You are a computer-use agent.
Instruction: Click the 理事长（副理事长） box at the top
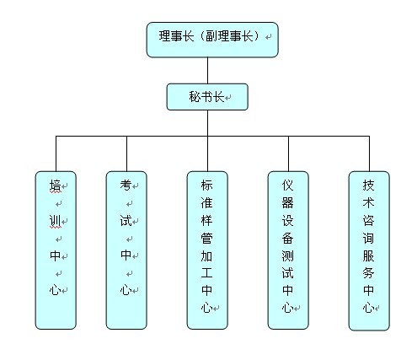pos(211,39)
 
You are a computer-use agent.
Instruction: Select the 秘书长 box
pos(207,97)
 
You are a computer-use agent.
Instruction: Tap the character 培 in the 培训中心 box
pos(55,185)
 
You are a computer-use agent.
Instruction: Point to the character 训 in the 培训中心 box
pos(55,221)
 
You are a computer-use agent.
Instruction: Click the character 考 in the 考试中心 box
pos(126,185)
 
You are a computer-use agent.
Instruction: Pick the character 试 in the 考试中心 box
pos(126,221)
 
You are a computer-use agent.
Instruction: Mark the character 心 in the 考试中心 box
pos(126,290)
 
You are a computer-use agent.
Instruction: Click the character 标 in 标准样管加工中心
pos(206,185)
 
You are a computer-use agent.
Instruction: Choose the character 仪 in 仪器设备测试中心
pos(287,185)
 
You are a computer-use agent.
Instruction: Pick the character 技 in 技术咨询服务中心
pos(368,185)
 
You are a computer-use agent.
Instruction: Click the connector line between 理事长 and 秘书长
pos(207,70)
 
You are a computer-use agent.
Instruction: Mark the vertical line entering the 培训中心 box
pos(56,153)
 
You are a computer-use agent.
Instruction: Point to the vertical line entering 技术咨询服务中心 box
pos(369,153)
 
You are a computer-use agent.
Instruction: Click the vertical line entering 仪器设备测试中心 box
pos(288,153)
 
